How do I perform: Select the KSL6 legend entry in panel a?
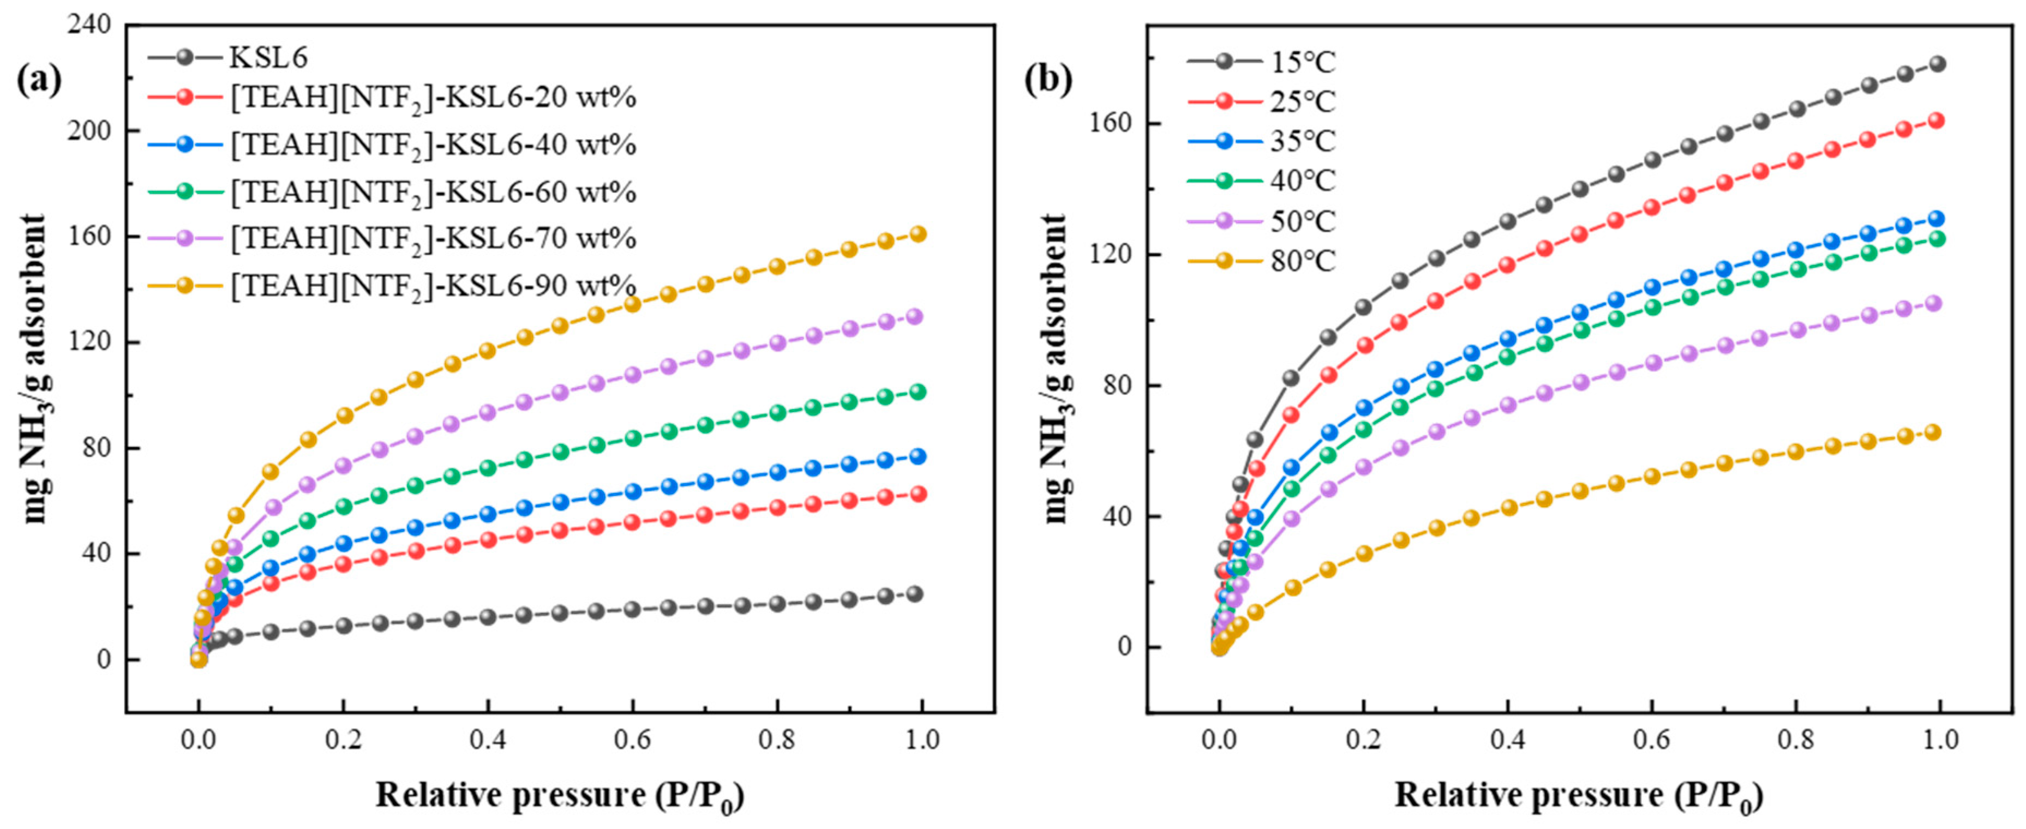(267, 57)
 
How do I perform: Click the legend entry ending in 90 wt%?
(432, 285)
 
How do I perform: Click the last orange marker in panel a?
(917, 233)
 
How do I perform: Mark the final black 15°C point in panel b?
(1937, 64)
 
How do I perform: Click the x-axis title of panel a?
(559, 795)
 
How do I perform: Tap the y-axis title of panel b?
(1056, 370)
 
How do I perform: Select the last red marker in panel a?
(917, 494)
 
